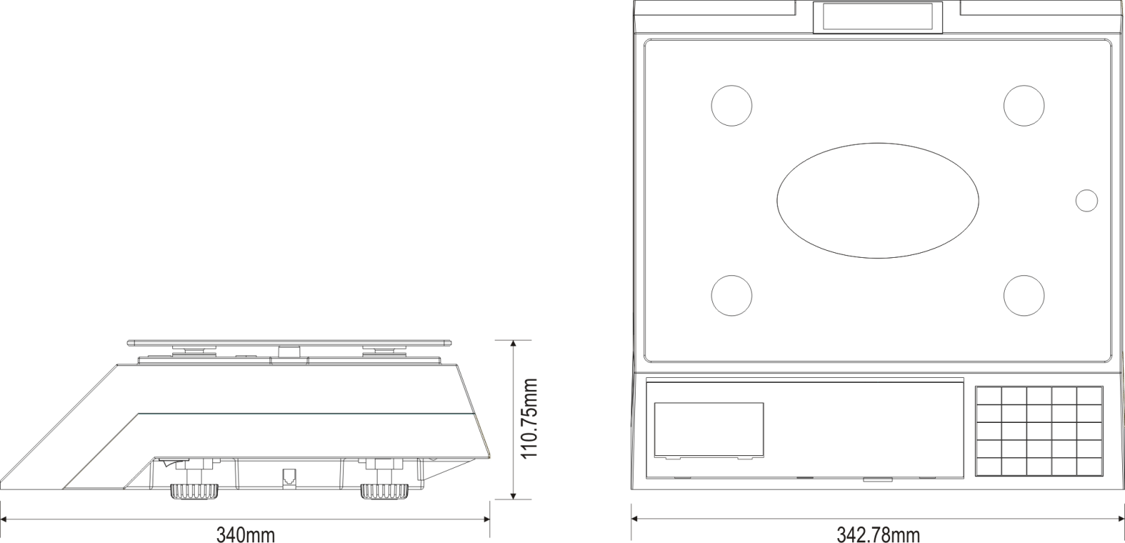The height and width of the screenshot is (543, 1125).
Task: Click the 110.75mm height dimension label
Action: pos(529,419)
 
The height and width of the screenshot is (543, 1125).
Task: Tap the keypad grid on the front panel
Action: pos(1039,431)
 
